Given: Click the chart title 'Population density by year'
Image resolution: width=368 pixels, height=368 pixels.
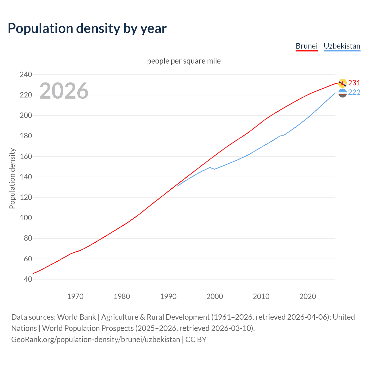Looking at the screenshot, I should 87,28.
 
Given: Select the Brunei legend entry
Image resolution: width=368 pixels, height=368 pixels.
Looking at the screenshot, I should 306,46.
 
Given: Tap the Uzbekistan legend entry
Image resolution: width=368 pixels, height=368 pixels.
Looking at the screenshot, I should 342,46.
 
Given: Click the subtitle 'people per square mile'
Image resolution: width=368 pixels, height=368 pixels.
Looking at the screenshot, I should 184,61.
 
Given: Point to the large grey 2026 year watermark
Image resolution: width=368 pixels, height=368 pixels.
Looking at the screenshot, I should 64,91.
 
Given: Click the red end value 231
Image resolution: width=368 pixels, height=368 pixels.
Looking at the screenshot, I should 354,83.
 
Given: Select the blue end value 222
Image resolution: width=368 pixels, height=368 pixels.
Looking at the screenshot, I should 354,92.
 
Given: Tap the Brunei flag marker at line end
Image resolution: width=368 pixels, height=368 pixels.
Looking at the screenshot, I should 342,83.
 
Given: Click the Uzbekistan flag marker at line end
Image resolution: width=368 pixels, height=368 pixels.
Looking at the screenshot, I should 342,93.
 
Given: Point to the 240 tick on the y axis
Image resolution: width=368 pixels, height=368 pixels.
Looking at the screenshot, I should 26,74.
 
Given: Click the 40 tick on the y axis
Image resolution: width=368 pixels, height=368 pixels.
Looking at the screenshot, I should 28,279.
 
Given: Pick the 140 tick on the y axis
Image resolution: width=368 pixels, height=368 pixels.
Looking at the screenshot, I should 26,177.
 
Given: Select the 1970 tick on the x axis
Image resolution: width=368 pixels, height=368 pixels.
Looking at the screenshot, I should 75,296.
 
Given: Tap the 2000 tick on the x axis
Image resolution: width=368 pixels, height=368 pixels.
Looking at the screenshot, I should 215,296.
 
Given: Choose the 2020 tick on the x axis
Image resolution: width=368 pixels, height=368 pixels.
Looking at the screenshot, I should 308,296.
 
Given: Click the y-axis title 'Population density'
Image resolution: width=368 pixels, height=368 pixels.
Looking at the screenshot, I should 12,178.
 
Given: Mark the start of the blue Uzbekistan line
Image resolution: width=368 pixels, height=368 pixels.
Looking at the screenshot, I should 178,186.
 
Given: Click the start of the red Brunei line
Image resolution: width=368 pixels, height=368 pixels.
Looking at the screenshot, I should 34,273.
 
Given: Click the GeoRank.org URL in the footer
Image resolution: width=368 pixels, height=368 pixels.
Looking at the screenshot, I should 95,340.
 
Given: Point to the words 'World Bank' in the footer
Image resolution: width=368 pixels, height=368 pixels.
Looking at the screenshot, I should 76,317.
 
